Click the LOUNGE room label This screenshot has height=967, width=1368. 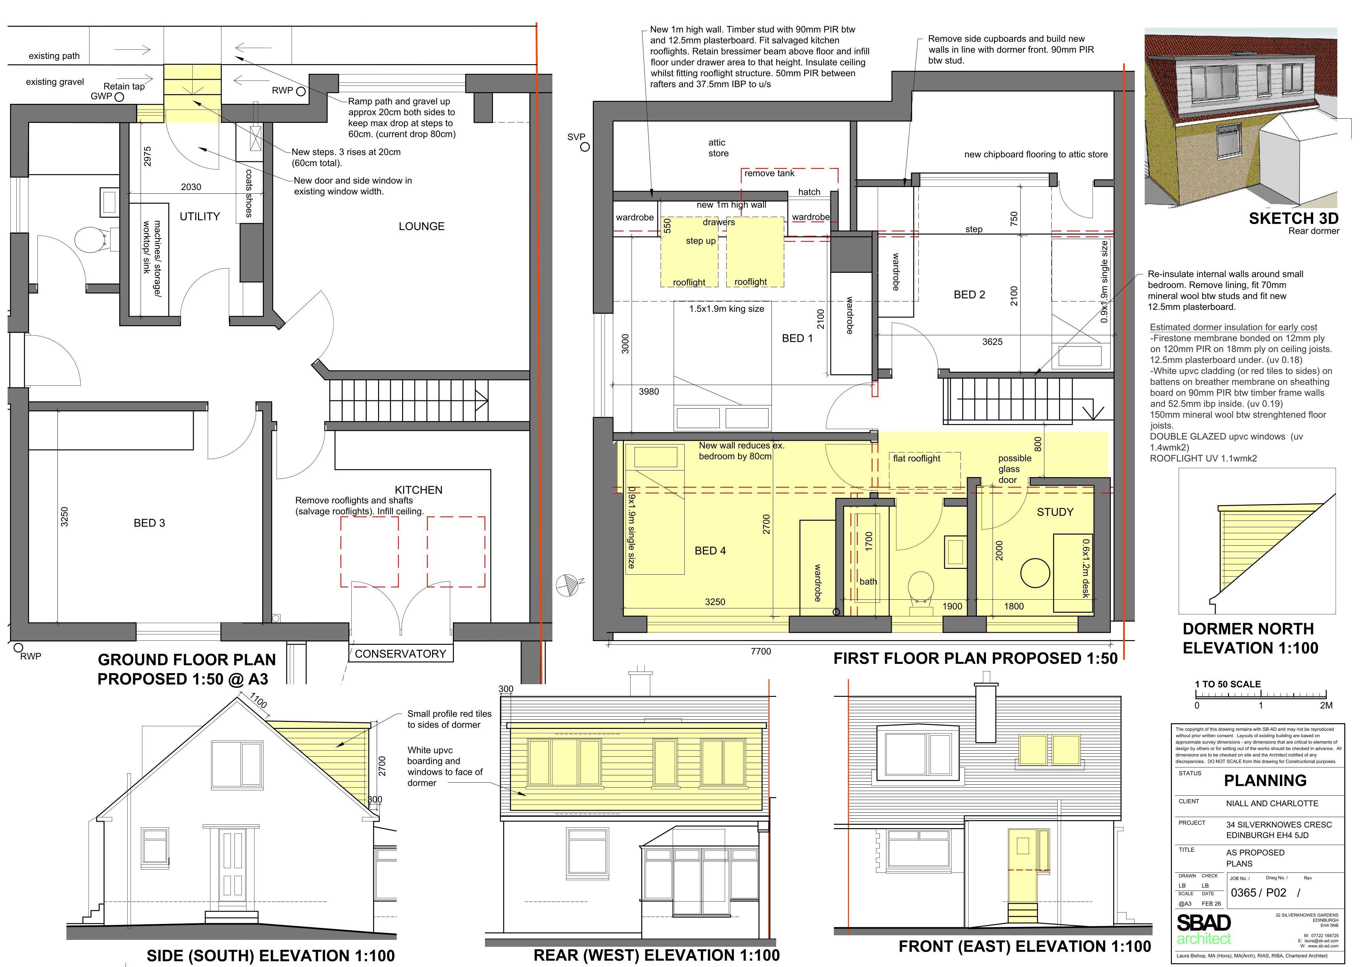pyautogui.click(x=421, y=226)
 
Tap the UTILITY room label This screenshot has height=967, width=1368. pyautogui.click(x=200, y=216)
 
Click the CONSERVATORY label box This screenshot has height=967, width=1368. pyautogui.click(x=400, y=653)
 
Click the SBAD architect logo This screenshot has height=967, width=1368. pyautogui.click(x=1204, y=930)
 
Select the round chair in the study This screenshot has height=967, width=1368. pyautogui.click(x=1035, y=573)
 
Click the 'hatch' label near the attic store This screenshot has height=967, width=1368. pyautogui.click(x=809, y=192)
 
